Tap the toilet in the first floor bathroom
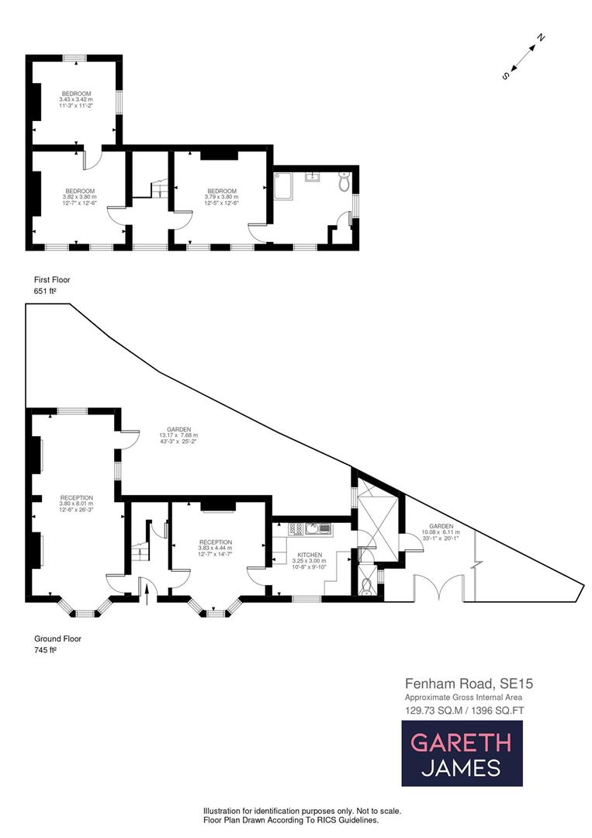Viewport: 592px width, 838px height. click(344, 183)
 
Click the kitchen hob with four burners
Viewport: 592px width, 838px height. click(296, 529)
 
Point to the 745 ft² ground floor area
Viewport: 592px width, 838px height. click(46, 649)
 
